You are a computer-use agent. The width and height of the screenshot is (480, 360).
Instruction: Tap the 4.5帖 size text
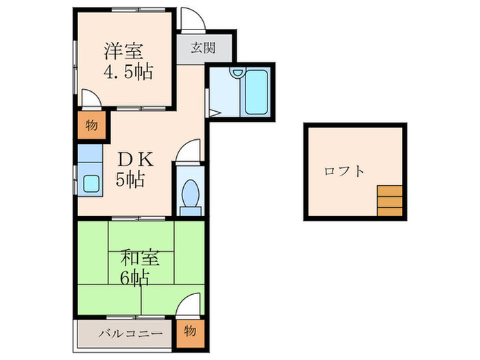tap(128, 71)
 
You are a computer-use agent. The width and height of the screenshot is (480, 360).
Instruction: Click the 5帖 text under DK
tap(128, 181)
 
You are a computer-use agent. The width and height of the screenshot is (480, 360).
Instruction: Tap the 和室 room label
tap(141, 259)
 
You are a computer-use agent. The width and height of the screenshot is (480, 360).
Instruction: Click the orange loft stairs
tap(389, 201)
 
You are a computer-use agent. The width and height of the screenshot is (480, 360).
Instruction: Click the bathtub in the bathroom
tap(259, 93)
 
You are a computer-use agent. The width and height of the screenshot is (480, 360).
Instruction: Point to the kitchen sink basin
tap(91, 182)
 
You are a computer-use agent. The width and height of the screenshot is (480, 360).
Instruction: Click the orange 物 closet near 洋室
tap(91, 126)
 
